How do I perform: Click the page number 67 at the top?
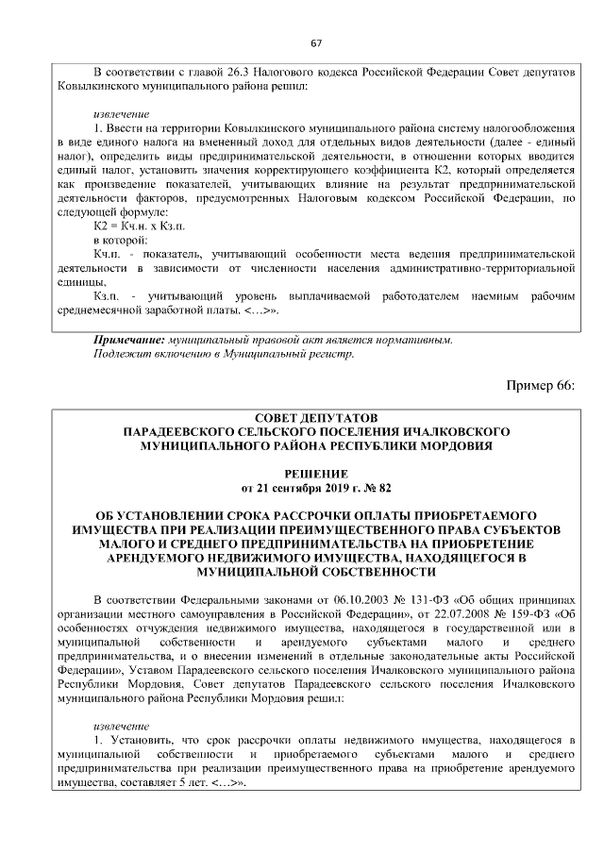(316, 43)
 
